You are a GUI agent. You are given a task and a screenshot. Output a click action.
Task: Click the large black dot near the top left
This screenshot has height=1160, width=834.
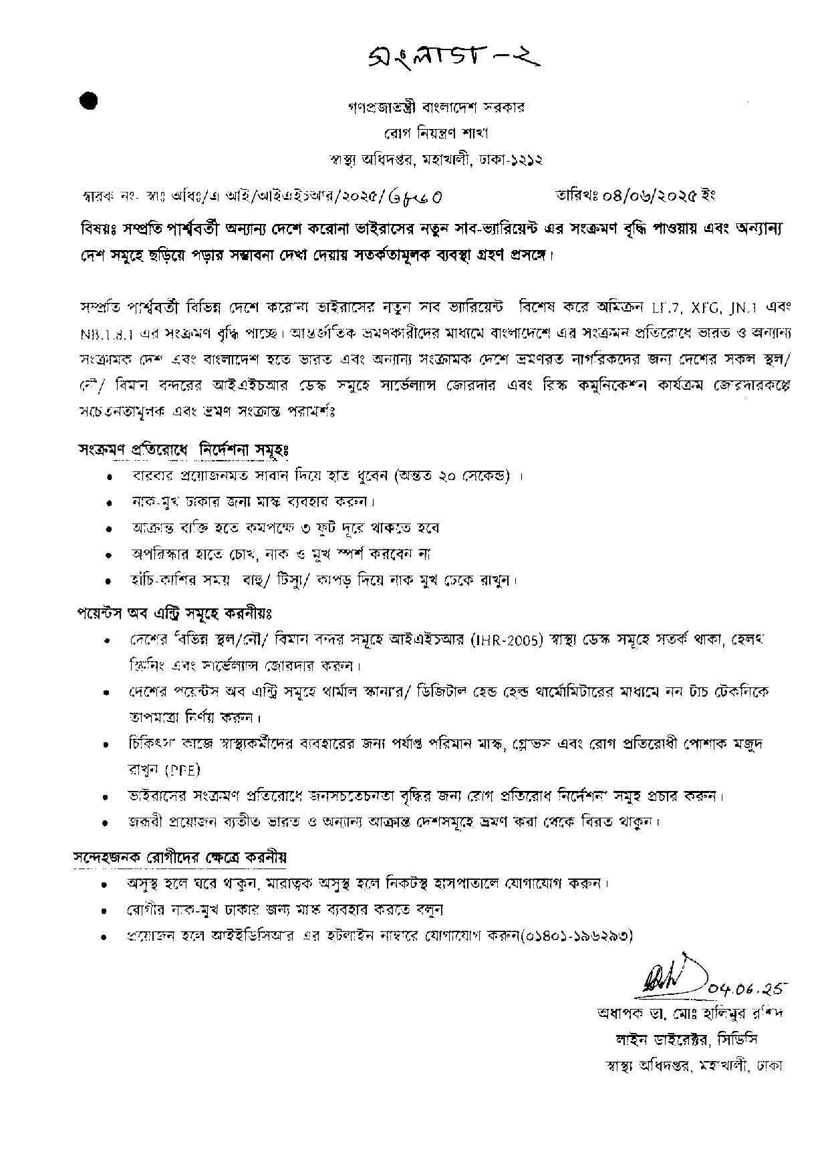pos(88,100)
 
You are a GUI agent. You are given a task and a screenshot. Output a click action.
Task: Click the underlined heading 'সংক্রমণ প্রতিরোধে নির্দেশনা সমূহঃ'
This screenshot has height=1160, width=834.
pos(182,450)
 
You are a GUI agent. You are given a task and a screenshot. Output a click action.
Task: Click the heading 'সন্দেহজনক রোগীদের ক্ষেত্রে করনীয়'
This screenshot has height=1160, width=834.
pos(181,857)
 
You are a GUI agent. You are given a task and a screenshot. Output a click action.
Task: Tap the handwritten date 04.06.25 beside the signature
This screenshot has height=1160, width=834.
pos(748,988)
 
